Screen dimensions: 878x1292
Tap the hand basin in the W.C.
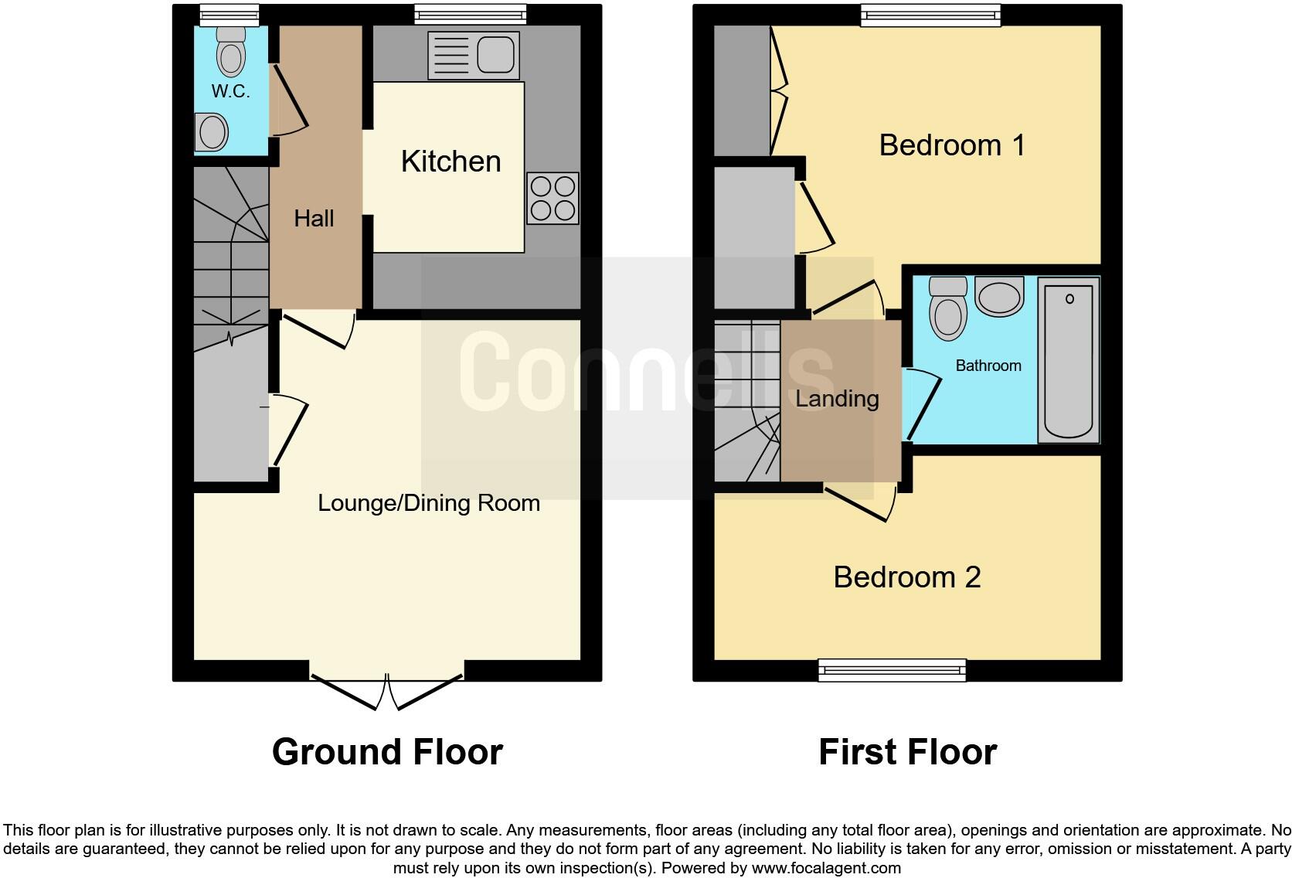211,131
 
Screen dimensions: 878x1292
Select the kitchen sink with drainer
473,56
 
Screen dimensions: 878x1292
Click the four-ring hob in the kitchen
552,199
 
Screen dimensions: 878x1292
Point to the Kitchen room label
450,162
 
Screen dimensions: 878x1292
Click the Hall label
314,219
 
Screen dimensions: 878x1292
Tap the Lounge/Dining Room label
428,503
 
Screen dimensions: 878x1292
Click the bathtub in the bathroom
1068,360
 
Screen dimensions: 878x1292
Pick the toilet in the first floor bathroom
948,309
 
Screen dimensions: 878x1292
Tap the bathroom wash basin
999,297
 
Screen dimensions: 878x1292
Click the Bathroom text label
988,366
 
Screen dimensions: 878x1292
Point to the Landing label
837,399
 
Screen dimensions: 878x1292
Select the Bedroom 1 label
951,145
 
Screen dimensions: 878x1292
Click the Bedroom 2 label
906,577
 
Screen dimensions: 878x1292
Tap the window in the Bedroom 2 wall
892,669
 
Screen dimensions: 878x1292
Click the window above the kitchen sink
470,15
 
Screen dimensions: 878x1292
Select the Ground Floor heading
387,752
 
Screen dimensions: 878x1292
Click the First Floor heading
907,752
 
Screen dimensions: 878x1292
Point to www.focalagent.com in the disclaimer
825,868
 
